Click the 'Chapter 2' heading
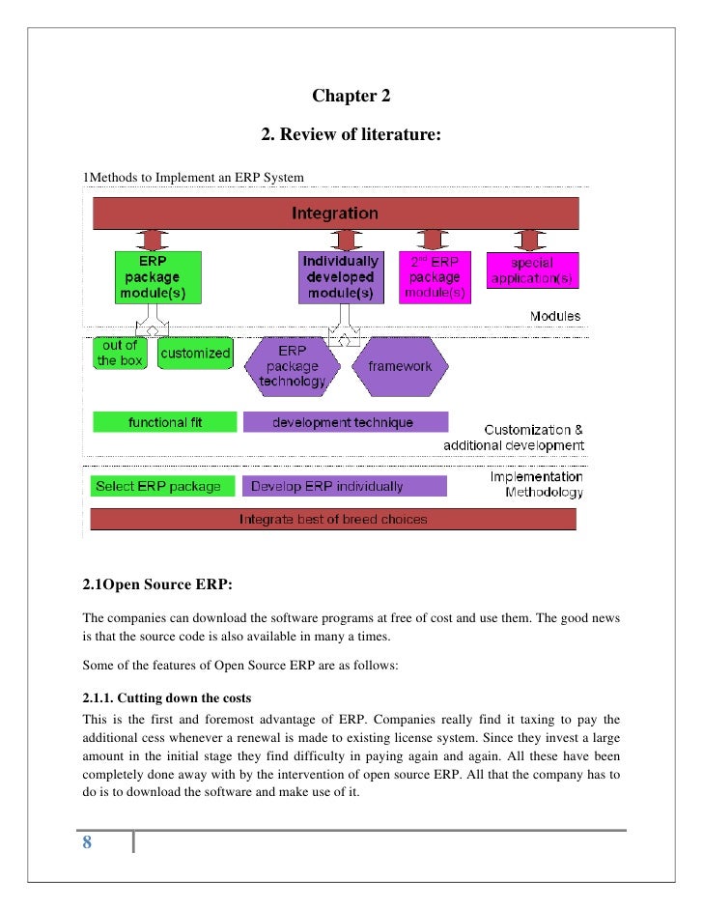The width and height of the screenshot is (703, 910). coord(351,97)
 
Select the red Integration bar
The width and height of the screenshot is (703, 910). coord(334,213)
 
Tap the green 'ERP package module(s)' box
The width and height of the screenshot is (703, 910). coord(157,278)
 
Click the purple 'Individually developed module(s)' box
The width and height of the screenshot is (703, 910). coord(340,278)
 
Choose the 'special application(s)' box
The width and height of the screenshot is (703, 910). coord(532,271)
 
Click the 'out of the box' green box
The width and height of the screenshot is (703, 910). coord(120,354)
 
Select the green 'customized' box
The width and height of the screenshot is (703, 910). coord(195,354)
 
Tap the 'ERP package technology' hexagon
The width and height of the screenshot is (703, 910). coord(292,367)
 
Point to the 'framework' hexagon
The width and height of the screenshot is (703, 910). coord(400,367)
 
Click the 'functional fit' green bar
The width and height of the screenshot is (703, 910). coord(164,422)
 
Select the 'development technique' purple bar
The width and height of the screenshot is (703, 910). coord(345,422)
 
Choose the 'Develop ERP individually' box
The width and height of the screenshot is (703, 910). coord(345,486)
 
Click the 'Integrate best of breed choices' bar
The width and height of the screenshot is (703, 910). coord(333,519)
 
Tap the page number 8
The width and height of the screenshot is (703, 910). coord(87,842)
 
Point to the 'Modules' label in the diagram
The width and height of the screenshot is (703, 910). coord(554,316)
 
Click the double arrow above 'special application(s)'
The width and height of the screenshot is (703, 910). coord(527,239)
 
